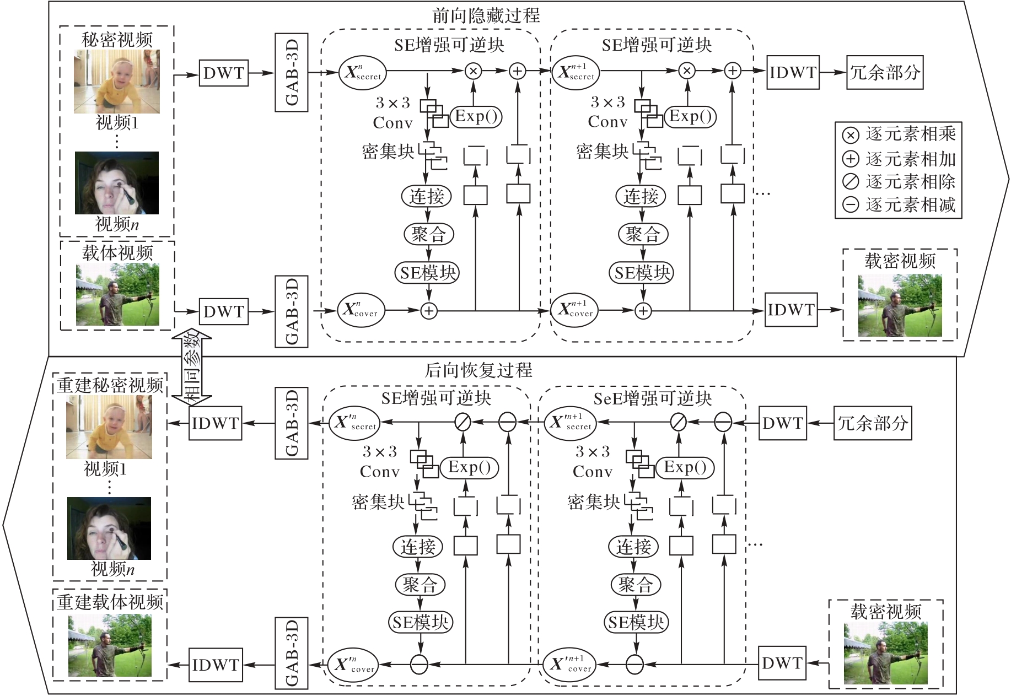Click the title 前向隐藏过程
click(486, 15)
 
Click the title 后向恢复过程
click(478, 370)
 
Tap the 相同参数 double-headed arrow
click(191, 366)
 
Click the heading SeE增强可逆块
click(652, 398)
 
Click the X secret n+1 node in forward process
click(576, 72)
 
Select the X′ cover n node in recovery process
click(353, 665)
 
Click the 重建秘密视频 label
click(110, 385)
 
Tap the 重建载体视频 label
click(110, 602)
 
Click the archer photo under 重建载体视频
click(110, 645)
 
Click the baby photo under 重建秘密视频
click(109, 428)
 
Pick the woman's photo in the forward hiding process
click(117, 183)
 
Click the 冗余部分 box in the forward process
click(885, 72)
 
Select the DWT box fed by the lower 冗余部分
click(782, 423)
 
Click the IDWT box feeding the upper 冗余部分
click(793, 72)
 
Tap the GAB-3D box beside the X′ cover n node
click(291, 653)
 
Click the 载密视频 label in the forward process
click(900, 261)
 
